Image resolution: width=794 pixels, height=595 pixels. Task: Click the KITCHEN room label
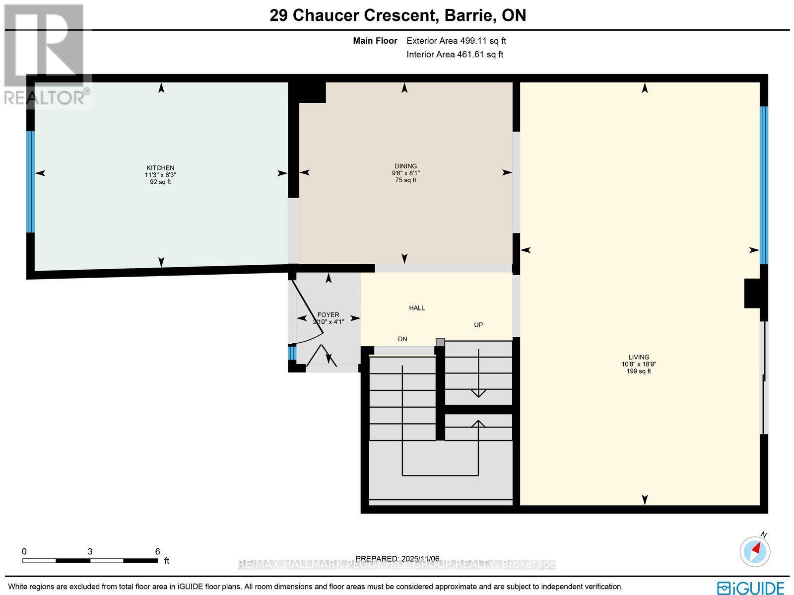(x=160, y=168)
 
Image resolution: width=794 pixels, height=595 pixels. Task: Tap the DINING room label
(x=405, y=166)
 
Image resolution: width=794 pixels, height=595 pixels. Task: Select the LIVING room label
(x=639, y=357)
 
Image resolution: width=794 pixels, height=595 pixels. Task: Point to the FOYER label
(x=328, y=315)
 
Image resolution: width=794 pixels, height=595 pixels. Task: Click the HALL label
(x=417, y=308)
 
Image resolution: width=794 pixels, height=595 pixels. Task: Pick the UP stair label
(x=478, y=325)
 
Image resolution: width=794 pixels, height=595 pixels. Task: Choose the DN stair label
(x=402, y=339)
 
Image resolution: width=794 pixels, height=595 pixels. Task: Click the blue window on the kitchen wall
(x=30, y=182)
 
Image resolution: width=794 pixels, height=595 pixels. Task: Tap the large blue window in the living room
(x=764, y=185)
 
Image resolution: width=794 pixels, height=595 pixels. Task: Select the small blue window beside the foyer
(x=292, y=353)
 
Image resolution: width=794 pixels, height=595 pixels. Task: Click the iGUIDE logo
(x=750, y=587)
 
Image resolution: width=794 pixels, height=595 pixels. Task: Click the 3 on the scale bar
(x=90, y=551)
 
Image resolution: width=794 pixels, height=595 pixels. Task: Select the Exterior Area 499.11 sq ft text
(x=456, y=41)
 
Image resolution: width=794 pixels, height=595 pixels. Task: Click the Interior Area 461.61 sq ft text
(x=455, y=55)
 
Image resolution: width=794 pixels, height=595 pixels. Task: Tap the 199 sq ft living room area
(x=639, y=371)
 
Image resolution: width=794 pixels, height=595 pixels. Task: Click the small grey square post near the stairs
(x=440, y=342)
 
